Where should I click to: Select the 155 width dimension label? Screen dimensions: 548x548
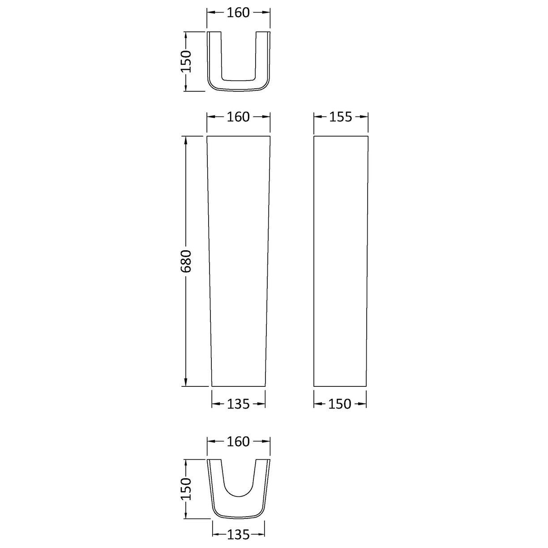[341, 117]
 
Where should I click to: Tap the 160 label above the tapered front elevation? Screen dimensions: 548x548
[238, 117]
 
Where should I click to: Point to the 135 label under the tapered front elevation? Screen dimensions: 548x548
[238, 404]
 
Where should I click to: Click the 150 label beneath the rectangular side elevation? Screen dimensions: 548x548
[340, 404]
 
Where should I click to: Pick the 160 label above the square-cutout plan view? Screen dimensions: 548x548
[238, 13]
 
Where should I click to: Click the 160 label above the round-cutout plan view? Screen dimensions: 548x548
[238, 442]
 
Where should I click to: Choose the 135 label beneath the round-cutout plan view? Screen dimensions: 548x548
[238, 535]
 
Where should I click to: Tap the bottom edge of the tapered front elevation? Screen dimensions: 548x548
[238, 386]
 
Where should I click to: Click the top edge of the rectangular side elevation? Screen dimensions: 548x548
[341, 136]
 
